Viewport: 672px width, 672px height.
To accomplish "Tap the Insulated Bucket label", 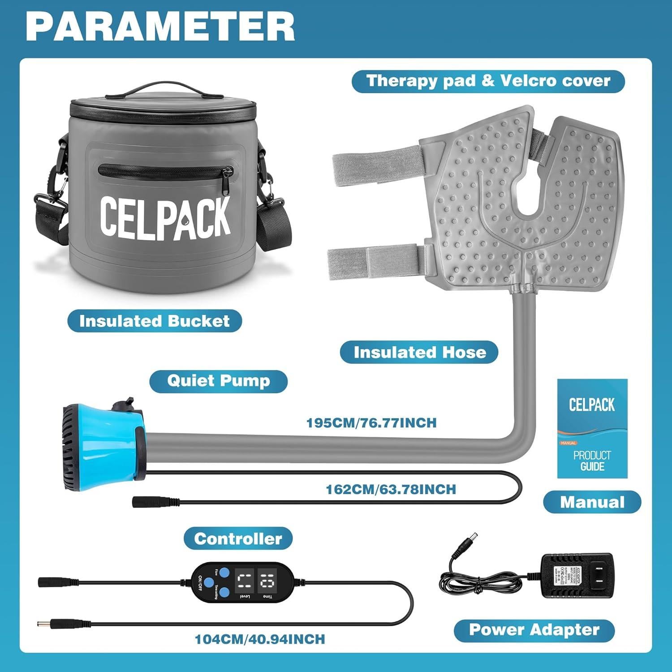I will [x=155, y=321].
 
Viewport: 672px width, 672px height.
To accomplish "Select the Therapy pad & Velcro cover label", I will [x=488, y=81].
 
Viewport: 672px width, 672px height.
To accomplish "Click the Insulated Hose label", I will [x=419, y=352].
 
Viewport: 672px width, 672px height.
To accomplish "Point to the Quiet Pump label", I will [x=218, y=381].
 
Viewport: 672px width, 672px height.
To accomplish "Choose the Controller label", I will [x=238, y=538].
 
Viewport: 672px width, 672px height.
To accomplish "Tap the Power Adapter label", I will [x=534, y=630].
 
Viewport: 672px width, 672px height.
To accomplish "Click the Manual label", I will [x=592, y=502].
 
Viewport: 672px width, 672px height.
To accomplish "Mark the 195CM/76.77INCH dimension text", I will [x=371, y=423].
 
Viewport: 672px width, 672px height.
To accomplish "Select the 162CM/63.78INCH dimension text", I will [x=391, y=489].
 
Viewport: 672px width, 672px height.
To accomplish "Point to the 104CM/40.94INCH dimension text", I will [x=260, y=639].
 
